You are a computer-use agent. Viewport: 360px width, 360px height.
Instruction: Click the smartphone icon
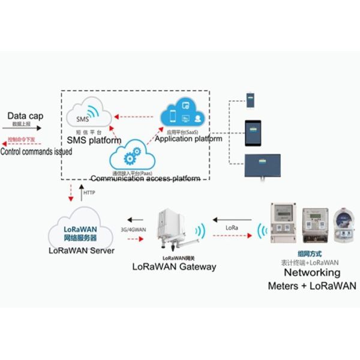pos(251,100)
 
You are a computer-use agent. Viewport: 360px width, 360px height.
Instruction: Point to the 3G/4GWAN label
pos(134,228)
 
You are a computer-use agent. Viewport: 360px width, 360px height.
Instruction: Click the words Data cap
pos(25,115)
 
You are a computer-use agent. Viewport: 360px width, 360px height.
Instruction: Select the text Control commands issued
pos(36,152)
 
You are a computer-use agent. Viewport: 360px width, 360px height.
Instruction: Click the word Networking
pos(311,273)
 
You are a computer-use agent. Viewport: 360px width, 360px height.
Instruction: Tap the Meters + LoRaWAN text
pos(311,286)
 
